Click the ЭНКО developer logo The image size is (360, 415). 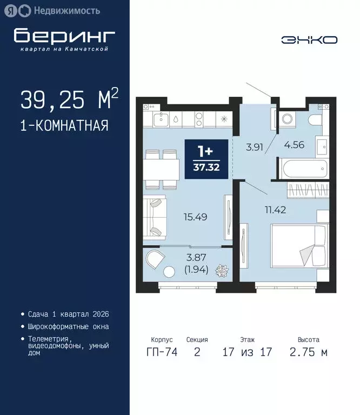(310, 39)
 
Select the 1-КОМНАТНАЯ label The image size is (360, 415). (64, 126)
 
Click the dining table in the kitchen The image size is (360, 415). (162, 171)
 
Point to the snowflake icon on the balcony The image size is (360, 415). (222, 270)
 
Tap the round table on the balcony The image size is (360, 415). (170, 272)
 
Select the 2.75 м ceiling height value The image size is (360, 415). (309, 352)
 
